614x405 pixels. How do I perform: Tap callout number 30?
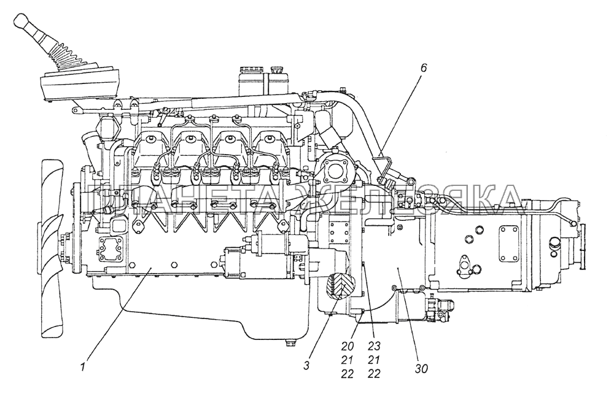point(421,369)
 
